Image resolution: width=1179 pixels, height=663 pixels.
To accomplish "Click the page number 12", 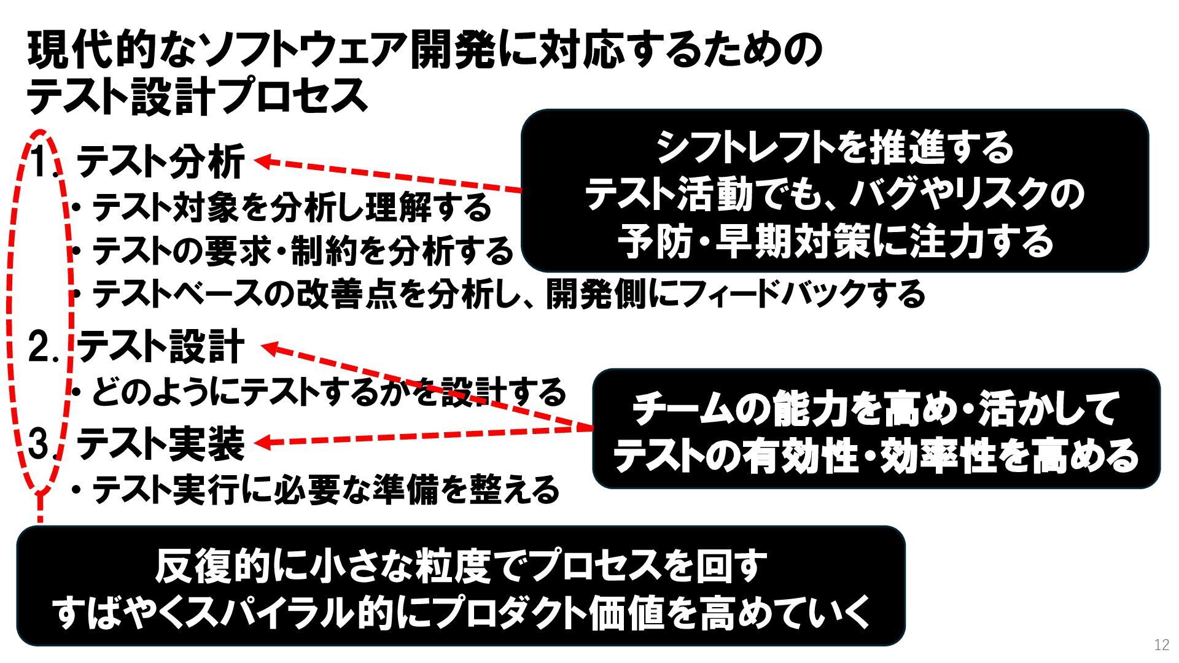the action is point(1161,645).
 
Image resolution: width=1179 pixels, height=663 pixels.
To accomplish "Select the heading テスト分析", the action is point(161,161).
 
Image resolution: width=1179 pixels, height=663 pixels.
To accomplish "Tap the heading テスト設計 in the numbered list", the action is point(161,347).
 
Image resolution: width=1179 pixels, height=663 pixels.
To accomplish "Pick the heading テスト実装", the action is point(161,443).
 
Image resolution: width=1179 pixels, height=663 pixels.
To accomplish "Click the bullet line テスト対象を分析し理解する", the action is point(292,207).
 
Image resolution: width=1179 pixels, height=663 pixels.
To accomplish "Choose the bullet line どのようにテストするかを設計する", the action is point(329,392).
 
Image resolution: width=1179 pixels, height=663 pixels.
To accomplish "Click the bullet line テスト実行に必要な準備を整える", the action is point(325,490).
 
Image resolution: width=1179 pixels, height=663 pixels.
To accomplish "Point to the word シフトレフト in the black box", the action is point(734,148).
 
